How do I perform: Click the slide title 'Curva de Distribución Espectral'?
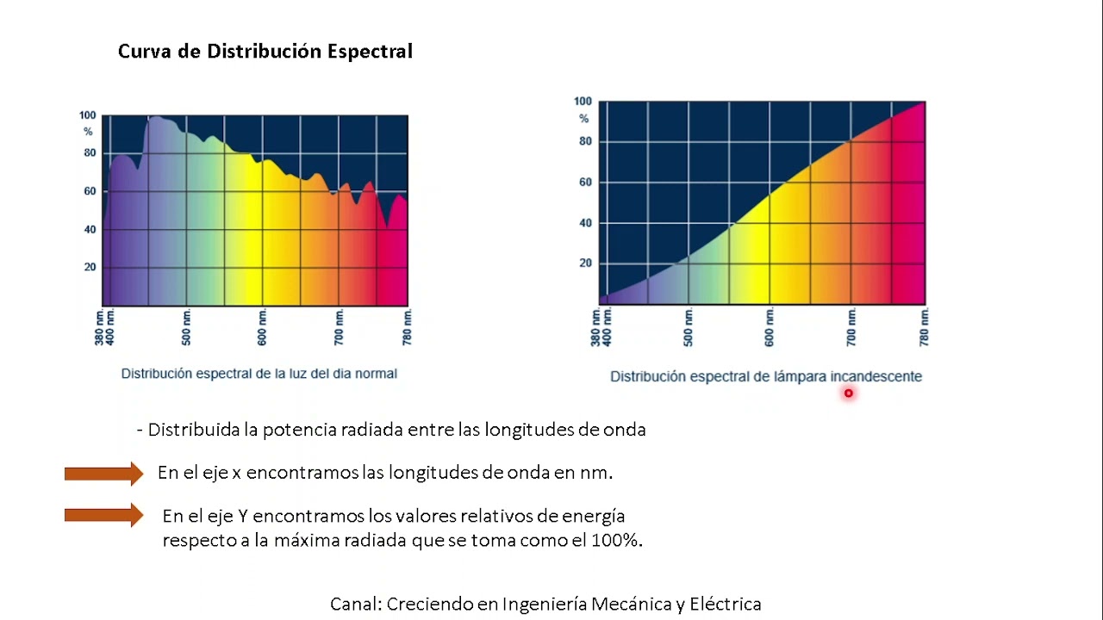tap(265, 52)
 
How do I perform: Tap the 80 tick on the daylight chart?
tap(90, 153)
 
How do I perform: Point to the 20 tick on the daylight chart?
tap(90, 267)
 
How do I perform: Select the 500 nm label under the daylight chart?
tap(186, 327)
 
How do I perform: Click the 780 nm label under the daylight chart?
tap(407, 327)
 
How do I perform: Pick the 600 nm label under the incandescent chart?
tap(769, 326)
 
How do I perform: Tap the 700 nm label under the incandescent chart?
tap(851, 326)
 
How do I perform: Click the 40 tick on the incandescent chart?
tap(585, 223)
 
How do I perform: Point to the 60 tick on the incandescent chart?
tap(585, 183)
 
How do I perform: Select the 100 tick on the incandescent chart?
tap(583, 102)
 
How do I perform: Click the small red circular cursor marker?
tap(848, 394)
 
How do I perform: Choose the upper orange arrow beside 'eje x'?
tap(103, 473)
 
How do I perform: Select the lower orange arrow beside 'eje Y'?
tap(103, 516)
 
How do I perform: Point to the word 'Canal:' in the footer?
tap(355, 604)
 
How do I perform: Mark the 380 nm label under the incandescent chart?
tap(595, 326)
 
